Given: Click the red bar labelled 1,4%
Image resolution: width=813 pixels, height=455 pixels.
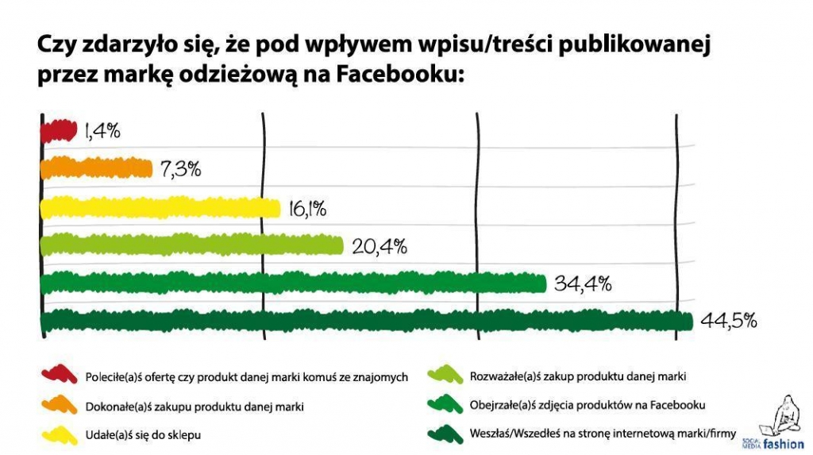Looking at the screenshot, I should (58, 130).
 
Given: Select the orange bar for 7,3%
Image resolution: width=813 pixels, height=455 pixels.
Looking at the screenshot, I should (95, 168).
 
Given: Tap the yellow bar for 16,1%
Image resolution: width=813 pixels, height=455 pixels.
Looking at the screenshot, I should (160, 208).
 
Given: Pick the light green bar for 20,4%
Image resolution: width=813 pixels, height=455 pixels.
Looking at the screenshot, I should (191, 245).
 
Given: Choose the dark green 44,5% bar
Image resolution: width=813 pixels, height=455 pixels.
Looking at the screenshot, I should (365, 321).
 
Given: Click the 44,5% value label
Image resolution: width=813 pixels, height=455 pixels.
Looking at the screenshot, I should (728, 321).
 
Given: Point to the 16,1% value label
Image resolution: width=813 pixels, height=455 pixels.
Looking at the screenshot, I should (307, 209).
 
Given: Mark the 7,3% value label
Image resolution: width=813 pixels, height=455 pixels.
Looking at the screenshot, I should (180, 168).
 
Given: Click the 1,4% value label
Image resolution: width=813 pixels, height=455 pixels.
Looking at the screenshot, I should (102, 131).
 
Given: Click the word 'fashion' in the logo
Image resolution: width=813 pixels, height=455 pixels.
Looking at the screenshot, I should (784, 444).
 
